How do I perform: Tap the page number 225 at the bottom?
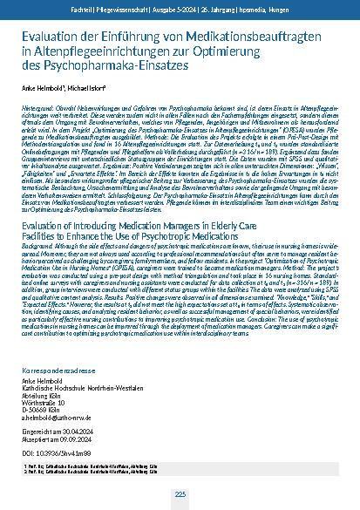tap(180, 495)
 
